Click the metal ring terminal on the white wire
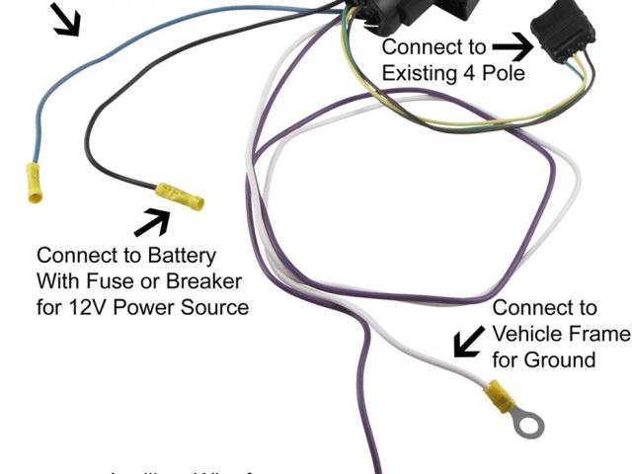(x=529, y=425)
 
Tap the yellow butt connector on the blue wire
(x=33, y=184)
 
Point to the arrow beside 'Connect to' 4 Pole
(x=512, y=46)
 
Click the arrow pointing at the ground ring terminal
(x=469, y=342)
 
